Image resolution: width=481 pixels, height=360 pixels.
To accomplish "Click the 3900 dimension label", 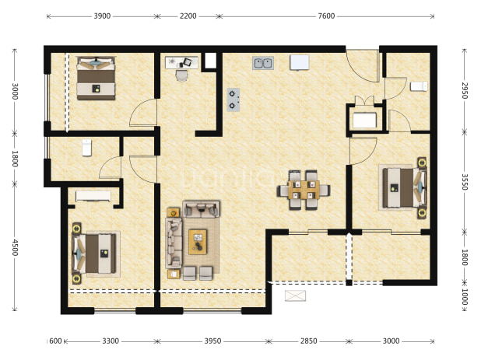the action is click(102, 16).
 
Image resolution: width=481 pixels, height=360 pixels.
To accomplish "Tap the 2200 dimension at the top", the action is click(188, 16).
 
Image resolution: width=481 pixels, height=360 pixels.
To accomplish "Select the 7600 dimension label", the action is click(326, 16).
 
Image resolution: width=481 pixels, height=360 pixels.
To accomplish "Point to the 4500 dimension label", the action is click(15, 247).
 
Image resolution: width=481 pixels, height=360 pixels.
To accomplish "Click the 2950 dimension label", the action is click(465, 90).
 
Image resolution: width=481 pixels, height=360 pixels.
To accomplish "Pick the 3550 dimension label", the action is click(465, 182).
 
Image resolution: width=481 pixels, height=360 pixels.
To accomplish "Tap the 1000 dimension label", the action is click(465, 296).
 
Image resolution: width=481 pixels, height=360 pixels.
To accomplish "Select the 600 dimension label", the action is click(55, 341).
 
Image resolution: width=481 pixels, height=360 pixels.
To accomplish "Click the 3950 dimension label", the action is click(213, 341).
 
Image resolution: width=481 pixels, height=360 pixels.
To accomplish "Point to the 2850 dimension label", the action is click(308, 341).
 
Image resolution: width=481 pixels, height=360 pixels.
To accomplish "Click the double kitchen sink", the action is click(263, 63).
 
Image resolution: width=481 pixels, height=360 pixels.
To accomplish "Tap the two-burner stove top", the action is click(233, 100).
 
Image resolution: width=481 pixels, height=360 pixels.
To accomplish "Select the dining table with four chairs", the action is click(304, 190).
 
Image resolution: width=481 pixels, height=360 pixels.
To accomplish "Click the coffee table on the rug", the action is click(198, 242).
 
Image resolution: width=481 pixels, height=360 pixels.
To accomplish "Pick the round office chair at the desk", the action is click(182, 75).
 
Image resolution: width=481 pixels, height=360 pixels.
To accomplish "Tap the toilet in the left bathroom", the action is click(87, 148).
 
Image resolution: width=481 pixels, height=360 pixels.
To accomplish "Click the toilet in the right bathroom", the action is click(419, 86).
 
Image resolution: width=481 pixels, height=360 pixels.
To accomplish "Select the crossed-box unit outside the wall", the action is click(295, 295).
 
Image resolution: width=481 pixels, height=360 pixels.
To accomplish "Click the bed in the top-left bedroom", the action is click(96, 78).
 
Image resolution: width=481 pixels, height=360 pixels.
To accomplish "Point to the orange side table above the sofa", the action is click(174, 212).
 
